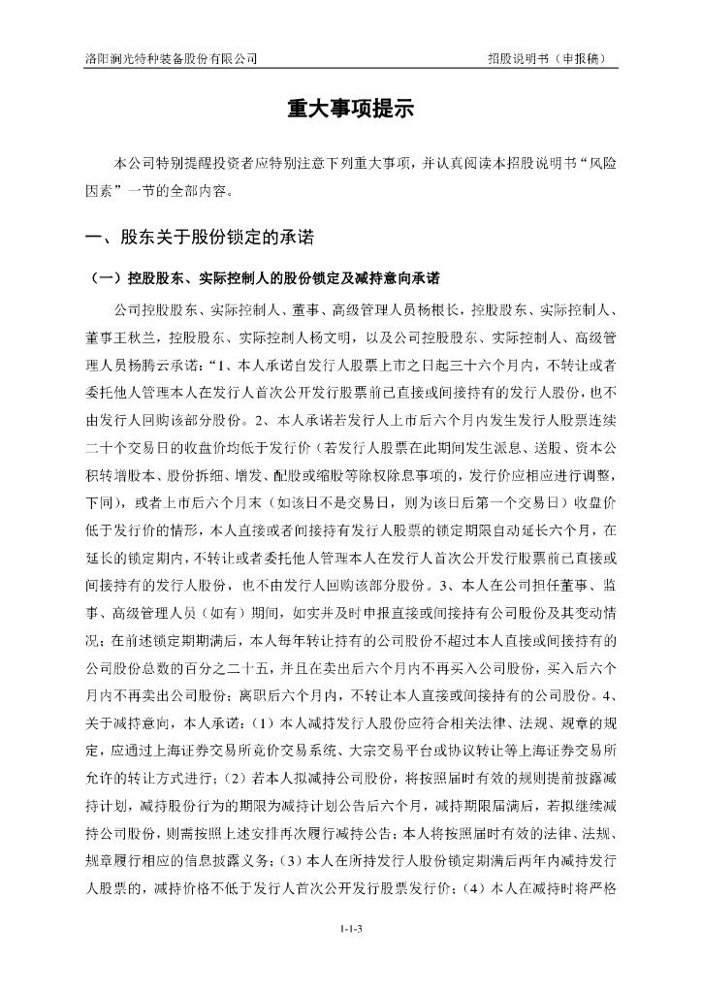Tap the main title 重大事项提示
pyautogui.click(x=350, y=110)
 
